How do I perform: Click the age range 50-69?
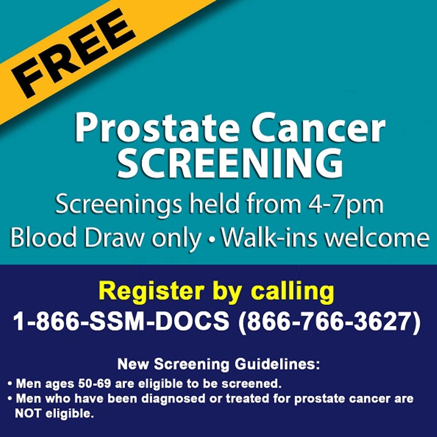click(x=95, y=384)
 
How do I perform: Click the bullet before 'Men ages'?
click(x=10, y=384)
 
